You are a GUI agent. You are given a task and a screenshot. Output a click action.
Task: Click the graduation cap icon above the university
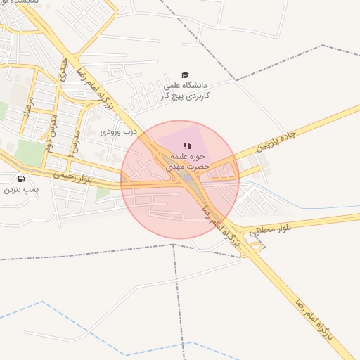pyautogui.click(x=185, y=75)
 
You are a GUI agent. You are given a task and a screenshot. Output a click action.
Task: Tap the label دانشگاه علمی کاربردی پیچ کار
pyautogui.click(x=186, y=90)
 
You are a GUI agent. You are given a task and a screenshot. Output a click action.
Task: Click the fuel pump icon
pyautogui.click(x=20, y=179)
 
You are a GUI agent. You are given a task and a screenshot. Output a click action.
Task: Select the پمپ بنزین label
pyautogui.click(x=21, y=190)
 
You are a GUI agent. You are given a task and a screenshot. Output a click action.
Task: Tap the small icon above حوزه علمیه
pyautogui.click(x=186, y=145)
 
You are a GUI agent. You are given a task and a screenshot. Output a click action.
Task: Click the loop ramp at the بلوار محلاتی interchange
pyautogui.click(x=257, y=246)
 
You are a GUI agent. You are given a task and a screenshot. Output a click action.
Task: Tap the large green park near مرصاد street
pyautogui.click(x=29, y=153)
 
